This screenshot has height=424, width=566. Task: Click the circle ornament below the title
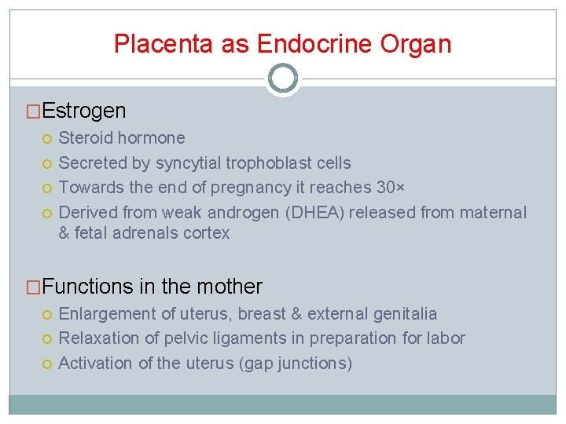[x=283, y=79]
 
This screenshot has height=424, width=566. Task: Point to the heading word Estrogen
[x=84, y=111]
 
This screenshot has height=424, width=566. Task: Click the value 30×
[x=388, y=188]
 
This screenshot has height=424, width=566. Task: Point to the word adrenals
[x=148, y=233]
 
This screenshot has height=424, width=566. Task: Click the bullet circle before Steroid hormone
[x=47, y=139]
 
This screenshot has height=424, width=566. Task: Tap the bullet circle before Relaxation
[x=47, y=339]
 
